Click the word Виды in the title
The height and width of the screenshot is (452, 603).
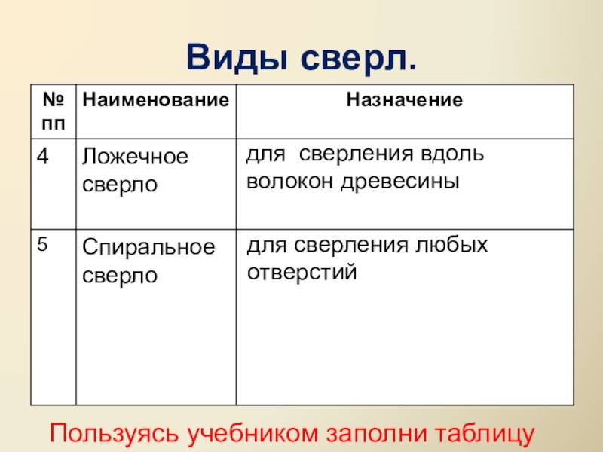tap(237, 59)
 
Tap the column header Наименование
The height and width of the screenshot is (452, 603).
tap(156, 100)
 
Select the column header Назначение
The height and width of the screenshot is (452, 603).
tap(405, 100)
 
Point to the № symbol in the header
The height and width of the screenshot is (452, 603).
tap(53, 99)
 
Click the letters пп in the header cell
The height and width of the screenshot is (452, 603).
tap(54, 124)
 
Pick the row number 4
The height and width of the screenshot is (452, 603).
tap(43, 156)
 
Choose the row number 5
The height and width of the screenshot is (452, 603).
tap(42, 244)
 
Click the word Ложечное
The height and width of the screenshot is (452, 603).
tap(135, 157)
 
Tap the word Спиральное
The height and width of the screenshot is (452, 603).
tap(148, 247)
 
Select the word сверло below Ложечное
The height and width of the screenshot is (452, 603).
tap(120, 184)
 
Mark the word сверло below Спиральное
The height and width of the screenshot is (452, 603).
tap(120, 275)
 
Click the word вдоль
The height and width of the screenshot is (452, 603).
tap(452, 154)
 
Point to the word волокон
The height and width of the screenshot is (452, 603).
tap(290, 181)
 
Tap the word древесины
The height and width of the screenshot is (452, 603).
tap(400, 182)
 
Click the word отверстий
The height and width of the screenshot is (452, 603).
tap(302, 273)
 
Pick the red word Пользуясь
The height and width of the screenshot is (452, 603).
tap(115, 434)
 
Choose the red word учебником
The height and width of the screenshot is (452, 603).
tap(253, 434)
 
